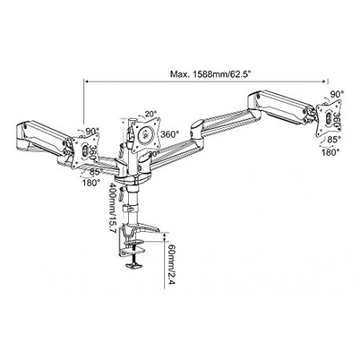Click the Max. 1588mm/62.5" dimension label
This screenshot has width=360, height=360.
[x=211, y=74]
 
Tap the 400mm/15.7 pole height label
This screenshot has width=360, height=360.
[x=112, y=208]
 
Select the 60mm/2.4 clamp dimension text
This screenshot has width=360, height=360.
[x=171, y=265]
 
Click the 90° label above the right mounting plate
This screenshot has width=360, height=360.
[x=336, y=94]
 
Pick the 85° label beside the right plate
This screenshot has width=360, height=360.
[x=334, y=140]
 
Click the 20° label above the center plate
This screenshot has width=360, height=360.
[x=151, y=114]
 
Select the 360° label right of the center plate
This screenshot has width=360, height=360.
[x=170, y=134]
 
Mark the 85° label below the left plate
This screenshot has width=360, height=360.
[x=96, y=172]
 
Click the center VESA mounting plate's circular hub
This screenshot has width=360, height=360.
[x=145, y=135]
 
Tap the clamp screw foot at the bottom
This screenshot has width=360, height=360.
[x=134, y=266]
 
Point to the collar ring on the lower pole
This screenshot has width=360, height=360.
[x=130, y=208]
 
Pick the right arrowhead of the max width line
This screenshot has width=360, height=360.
[x=325, y=82]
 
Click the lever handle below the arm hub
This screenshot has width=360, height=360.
[x=121, y=194]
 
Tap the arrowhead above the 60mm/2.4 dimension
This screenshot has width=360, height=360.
[x=164, y=236]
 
